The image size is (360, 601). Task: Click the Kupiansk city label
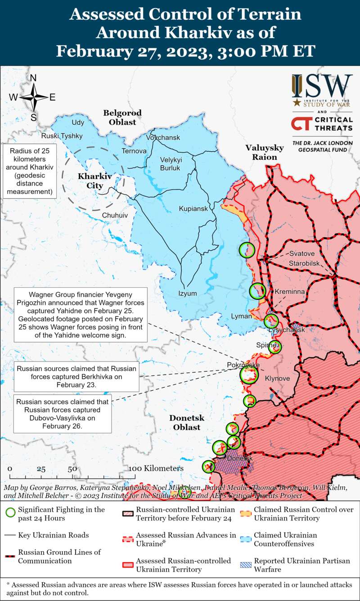[x=193, y=209]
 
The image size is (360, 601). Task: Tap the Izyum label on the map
[x=188, y=294]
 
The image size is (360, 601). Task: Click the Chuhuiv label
[x=115, y=215]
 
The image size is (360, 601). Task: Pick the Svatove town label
[x=301, y=253]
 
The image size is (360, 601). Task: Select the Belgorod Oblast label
[x=122, y=117]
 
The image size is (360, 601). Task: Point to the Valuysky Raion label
[x=265, y=152]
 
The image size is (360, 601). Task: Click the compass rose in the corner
[x=33, y=97]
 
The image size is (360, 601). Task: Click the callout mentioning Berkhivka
[x=76, y=377]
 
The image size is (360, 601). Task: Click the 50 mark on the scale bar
[x=72, y=469]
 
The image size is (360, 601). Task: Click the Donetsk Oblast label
[x=186, y=422]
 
